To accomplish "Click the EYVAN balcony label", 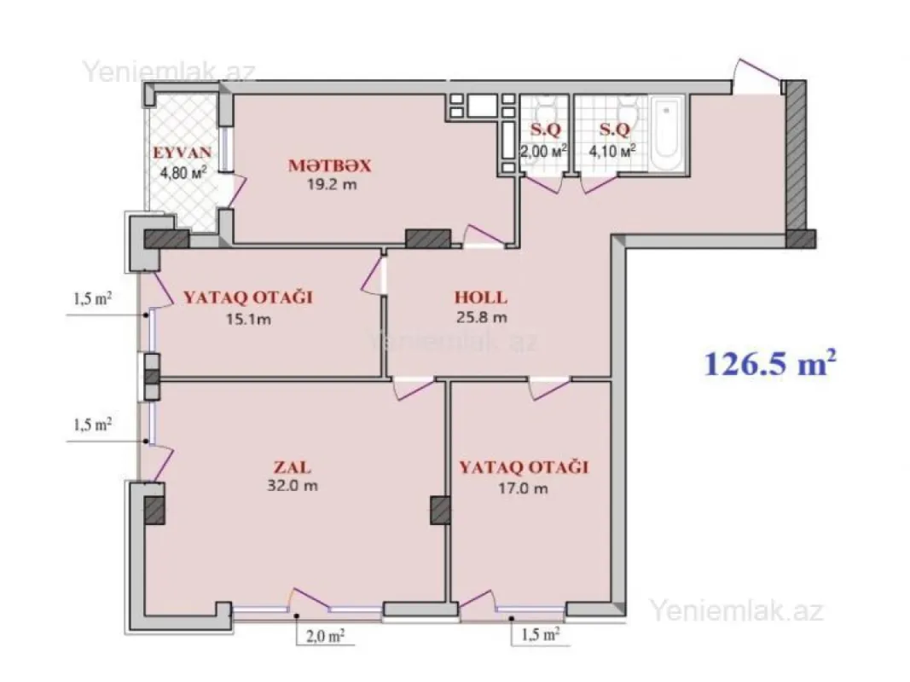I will tap(183, 153).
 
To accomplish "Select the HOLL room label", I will tap(480, 298).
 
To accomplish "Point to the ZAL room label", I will tap(292, 468).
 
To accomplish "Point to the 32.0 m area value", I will tap(292, 487).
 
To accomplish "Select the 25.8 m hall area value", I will tap(483, 318).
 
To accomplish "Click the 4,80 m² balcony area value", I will tap(183, 172).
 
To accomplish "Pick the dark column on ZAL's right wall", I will tap(439, 511).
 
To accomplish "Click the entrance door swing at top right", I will tap(758, 74).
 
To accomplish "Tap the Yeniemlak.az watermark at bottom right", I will tap(737, 610).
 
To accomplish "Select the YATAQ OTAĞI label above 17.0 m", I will tap(525, 468).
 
